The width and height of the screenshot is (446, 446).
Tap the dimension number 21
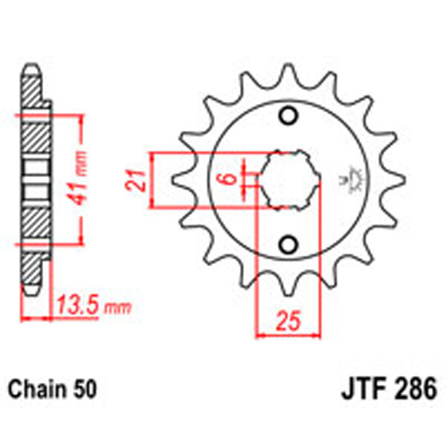click(x=137, y=181)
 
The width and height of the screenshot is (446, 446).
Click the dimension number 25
click(x=288, y=323)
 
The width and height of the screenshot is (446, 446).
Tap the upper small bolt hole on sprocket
click(x=288, y=117)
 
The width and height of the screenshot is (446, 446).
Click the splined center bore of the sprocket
click(x=288, y=181)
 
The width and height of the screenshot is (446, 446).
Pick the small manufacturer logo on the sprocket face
click(x=344, y=179)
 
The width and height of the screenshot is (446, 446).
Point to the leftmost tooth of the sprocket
click(x=181, y=181)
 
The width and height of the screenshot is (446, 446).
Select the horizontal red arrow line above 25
click(x=288, y=334)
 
